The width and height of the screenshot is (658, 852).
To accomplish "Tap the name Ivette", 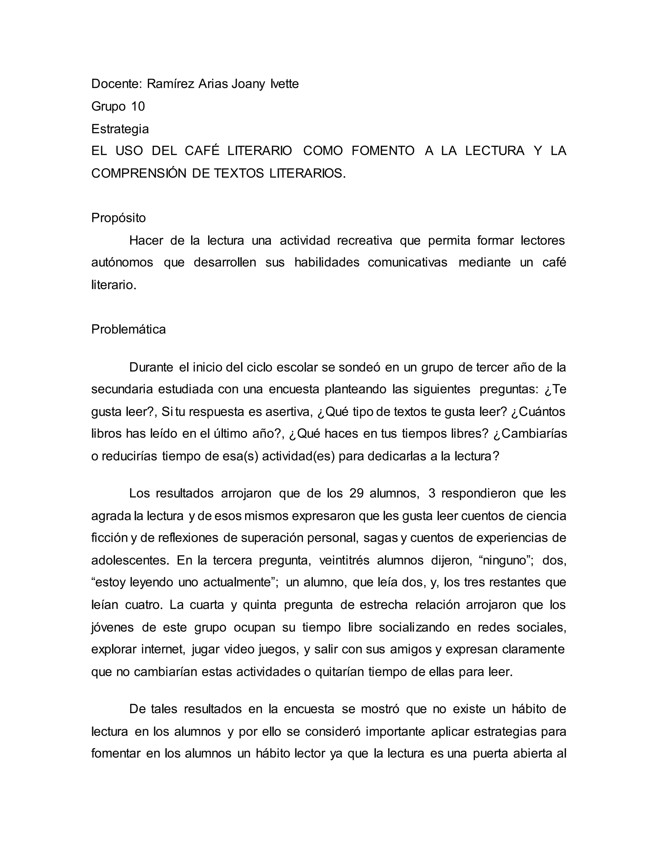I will click(285, 84).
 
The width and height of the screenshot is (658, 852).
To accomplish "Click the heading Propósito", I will click(119, 218).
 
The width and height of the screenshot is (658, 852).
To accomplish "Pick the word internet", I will click(162, 649).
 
